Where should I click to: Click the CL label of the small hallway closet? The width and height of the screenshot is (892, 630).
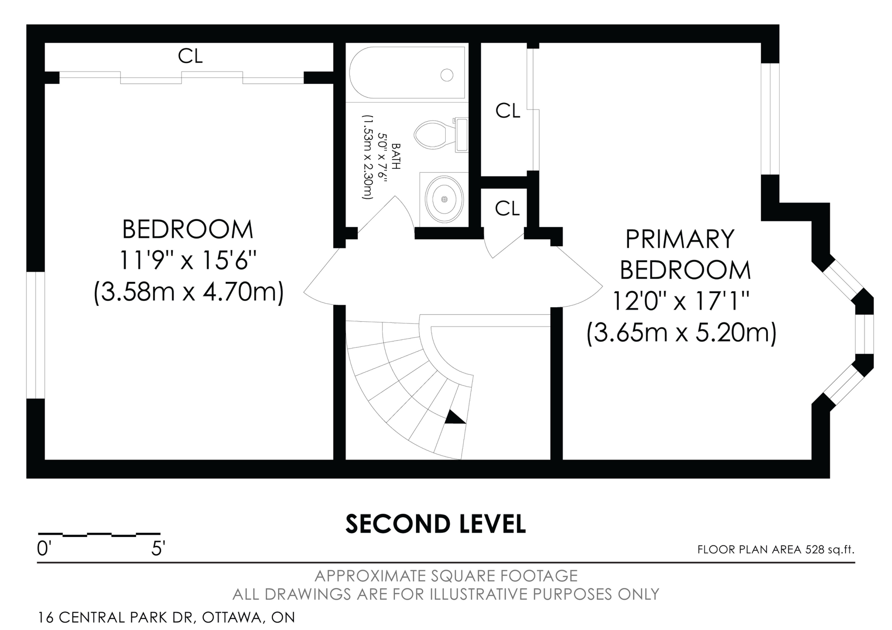507,209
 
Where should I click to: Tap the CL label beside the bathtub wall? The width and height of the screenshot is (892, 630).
508,111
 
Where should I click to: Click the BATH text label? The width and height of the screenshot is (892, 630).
396,156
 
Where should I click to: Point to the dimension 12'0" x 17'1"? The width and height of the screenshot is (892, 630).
681,301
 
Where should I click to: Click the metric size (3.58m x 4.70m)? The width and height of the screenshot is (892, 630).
189,292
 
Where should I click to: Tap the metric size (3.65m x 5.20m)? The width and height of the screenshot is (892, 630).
682,333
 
